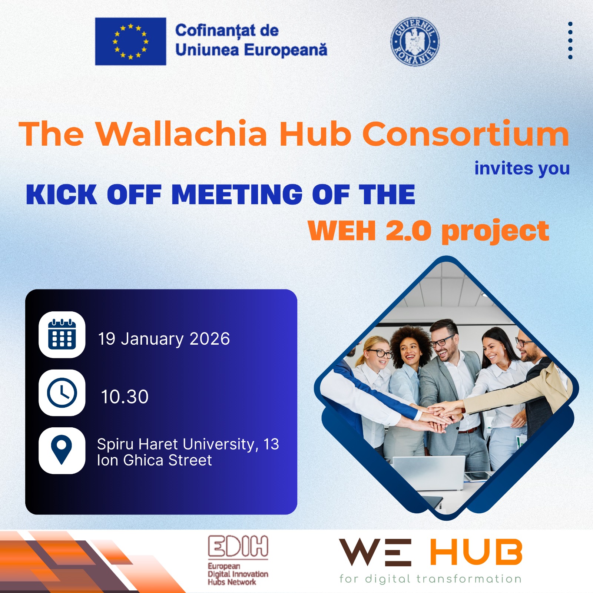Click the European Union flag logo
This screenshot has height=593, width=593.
point(130,42)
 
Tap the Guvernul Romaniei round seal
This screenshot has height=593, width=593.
point(415,42)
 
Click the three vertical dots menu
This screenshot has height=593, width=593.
point(570,40)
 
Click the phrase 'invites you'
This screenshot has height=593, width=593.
point(522,169)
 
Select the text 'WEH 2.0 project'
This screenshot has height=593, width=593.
point(428,231)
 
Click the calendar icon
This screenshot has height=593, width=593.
point(62,335)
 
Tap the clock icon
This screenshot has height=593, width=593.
point(62,393)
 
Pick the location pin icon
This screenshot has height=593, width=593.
point(62,450)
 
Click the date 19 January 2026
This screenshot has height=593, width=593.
point(164,339)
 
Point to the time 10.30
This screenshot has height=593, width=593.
point(125,397)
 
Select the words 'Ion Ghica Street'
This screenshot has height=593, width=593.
point(154,460)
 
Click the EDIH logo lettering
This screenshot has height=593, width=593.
point(238,547)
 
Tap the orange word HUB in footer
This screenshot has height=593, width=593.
point(476,553)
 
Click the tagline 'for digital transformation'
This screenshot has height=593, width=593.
point(430,579)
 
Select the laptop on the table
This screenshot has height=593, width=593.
point(429,473)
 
